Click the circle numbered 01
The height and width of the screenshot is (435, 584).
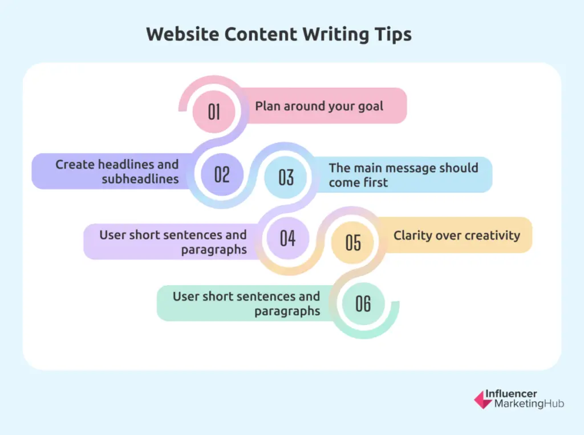pyautogui.click(x=214, y=111)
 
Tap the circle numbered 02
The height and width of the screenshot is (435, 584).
pyautogui.click(x=222, y=174)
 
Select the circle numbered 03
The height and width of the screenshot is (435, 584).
pyautogui.click(x=286, y=177)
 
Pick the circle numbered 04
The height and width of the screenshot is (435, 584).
pyautogui.click(x=288, y=238)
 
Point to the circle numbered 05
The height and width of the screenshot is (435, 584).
pyautogui.click(x=353, y=242)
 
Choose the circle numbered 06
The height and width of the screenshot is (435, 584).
pyautogui.click(x=363, y=303)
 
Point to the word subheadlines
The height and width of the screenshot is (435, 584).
pyautogui.click(x=141, y=179)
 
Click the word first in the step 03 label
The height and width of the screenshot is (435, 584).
pyautogui.click(x=374, y=182)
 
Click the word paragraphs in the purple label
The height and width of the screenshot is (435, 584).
pyautogui.click(x=214, y=250)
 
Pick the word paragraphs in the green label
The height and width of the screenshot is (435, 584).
pyautogui.click(x=287, y=311)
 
